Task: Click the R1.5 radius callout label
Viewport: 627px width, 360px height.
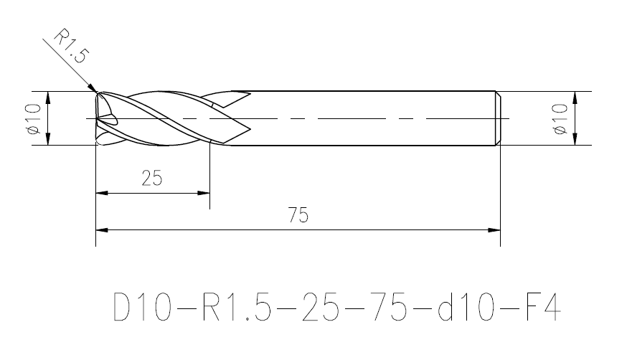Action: [x=70, y=46]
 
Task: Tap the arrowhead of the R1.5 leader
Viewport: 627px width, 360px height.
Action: [x=93, y=88]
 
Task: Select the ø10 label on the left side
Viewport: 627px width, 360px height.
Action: [x=34, y=118]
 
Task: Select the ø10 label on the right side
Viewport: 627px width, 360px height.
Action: [x=560, y=118]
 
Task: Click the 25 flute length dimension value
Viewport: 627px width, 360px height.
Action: [x=152, y=178]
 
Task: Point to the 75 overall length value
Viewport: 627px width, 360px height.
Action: [x=298, y=215]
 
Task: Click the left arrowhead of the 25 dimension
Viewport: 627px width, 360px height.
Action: [x=102, y=193]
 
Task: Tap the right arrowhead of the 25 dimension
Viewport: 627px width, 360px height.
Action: [x=204, y=193]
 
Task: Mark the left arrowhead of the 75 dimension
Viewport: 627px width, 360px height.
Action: [x=102, y=230]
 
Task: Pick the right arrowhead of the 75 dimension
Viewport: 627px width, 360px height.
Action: [x=494, y=230]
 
